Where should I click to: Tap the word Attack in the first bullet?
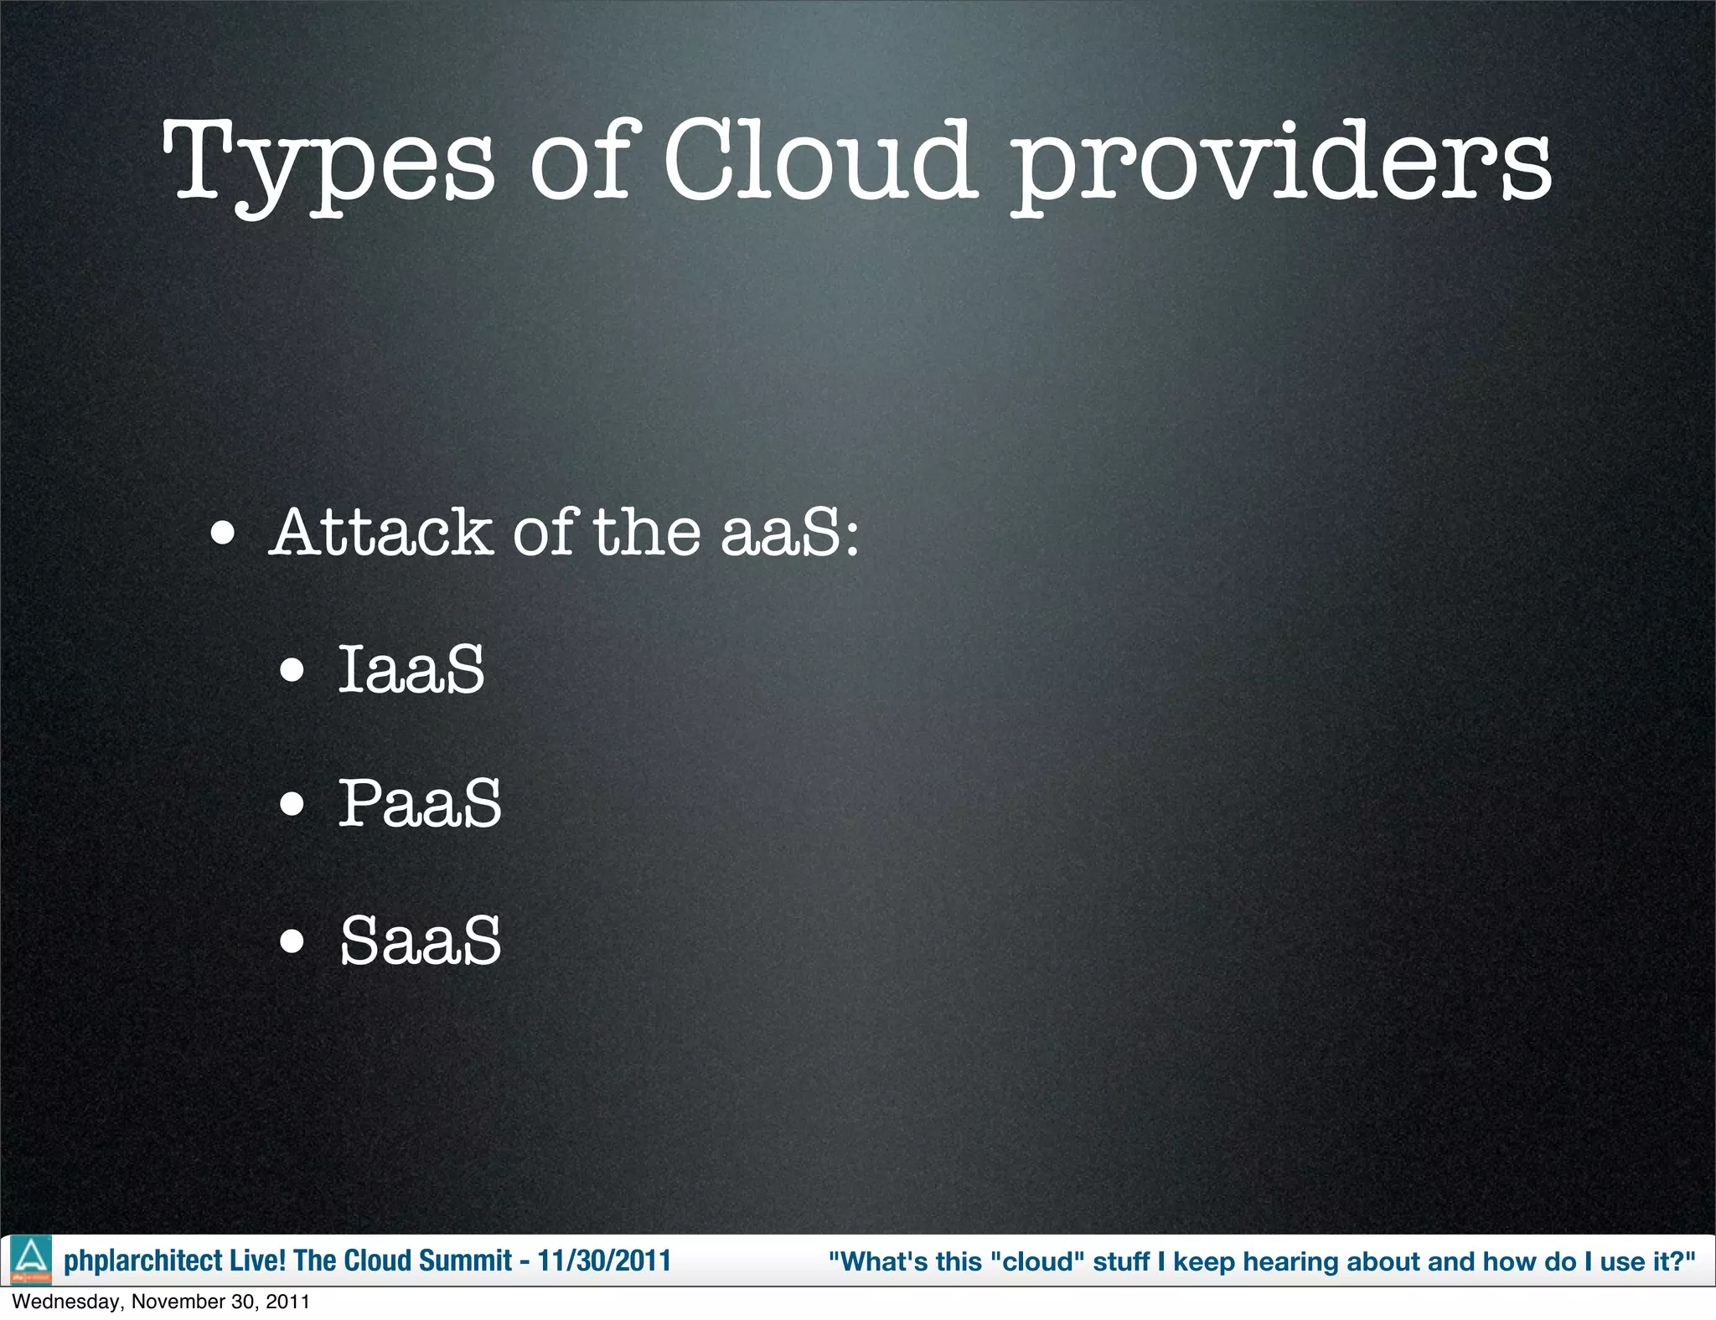click(x=381, y=533)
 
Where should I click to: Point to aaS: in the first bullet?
click(x=790, y=533)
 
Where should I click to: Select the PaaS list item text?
click(x=420, y=803)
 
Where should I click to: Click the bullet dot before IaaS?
click(x=292, y=670)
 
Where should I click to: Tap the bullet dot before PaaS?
click(x=292, y=806)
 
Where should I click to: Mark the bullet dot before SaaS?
click(x=292, y=941)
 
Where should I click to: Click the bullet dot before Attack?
click(x=223, y=534)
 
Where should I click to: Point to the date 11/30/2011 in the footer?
click(x=604, y=1261)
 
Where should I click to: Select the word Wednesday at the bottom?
click(x=66, y=1302)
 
